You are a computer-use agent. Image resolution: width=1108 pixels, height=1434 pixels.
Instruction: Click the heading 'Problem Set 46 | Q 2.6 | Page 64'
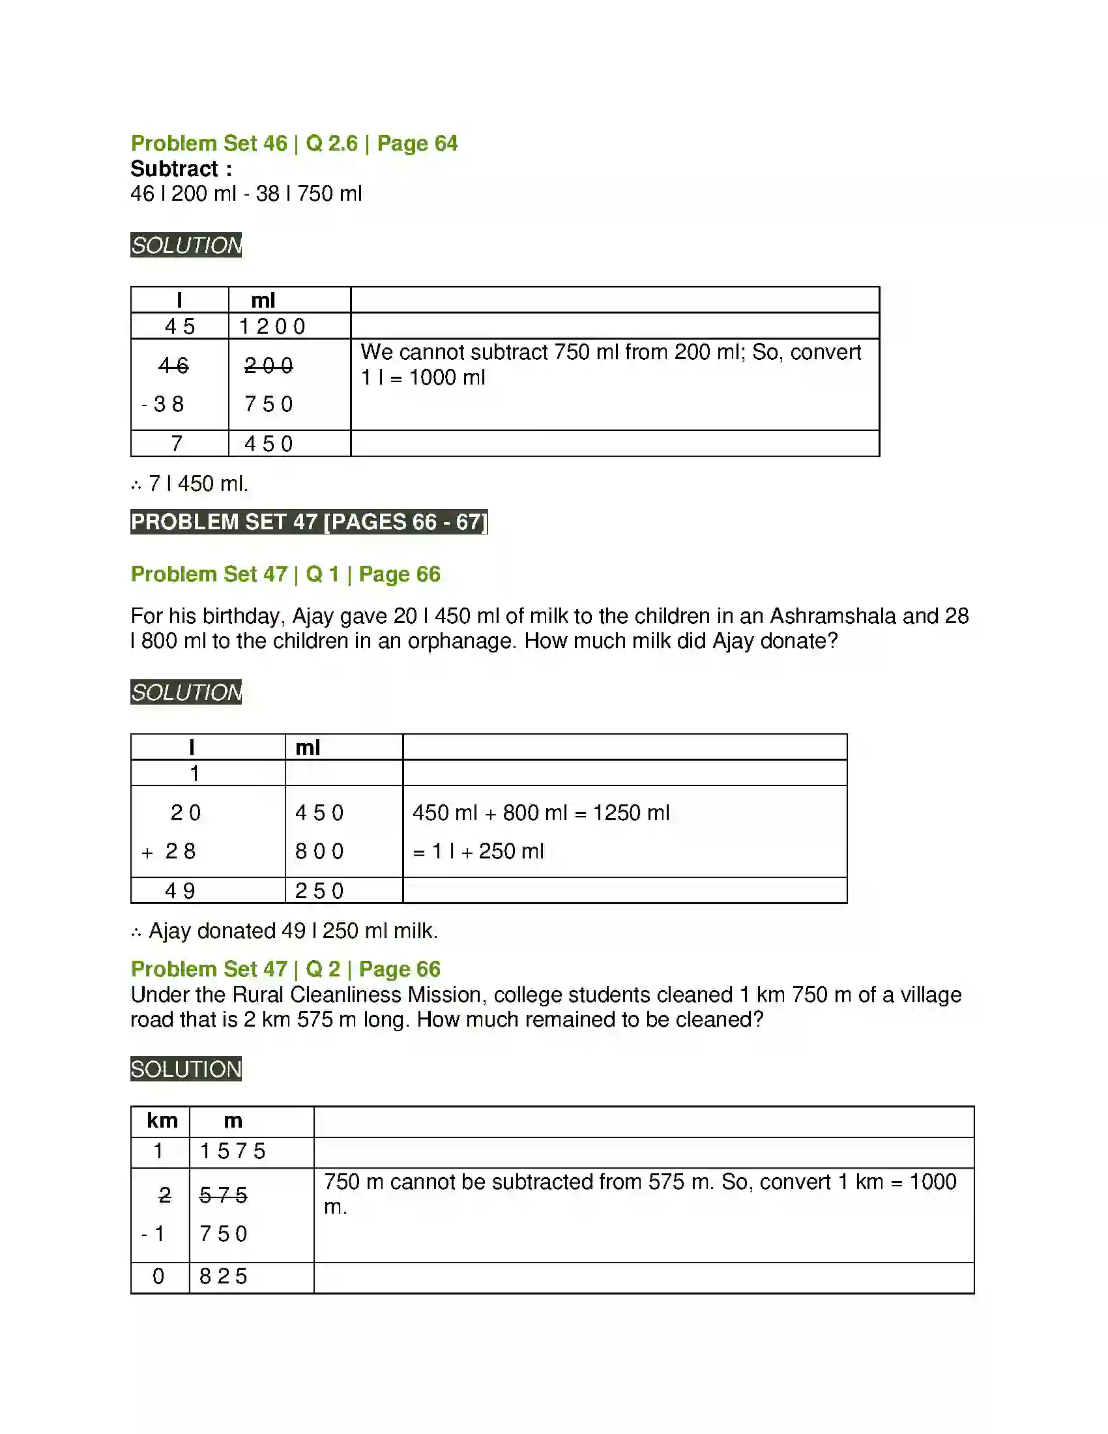tap(293, 143)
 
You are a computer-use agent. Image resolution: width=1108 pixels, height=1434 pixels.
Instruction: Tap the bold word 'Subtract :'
tap(181, 169)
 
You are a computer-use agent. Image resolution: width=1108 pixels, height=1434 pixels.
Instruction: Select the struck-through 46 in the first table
tap(173, 365)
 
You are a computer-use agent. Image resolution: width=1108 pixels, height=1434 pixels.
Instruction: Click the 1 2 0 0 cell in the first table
tap(272, 327)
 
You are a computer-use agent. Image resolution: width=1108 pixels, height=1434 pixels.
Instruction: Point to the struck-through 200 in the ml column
tap(269, 365)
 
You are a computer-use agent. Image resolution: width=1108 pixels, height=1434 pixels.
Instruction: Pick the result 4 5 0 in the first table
tap(269, 444)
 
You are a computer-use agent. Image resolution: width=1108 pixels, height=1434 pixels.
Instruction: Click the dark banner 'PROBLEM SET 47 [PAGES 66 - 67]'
tap(309, 521)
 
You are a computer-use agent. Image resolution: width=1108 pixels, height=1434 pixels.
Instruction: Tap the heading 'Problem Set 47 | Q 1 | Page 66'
tap(285, 574)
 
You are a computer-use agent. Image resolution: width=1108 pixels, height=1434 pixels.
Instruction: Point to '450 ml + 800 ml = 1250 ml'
tap(541, 813)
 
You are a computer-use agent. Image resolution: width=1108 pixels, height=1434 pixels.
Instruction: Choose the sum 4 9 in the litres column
tap(180, 891)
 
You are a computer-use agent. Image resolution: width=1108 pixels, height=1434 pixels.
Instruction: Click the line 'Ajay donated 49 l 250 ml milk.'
tap(293, 930)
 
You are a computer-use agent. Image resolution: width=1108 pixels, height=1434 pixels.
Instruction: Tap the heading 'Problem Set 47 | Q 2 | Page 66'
tap(285, 969)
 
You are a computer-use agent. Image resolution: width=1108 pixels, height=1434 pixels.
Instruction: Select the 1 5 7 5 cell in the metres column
tap(233, 1151)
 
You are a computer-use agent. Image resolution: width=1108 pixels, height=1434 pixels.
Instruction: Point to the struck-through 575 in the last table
tap(223, 1195)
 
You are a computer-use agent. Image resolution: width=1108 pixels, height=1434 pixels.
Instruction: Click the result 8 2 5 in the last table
tap(223, 1276)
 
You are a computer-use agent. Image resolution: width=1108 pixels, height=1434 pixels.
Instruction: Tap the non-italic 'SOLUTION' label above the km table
tap(186, 1069)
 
